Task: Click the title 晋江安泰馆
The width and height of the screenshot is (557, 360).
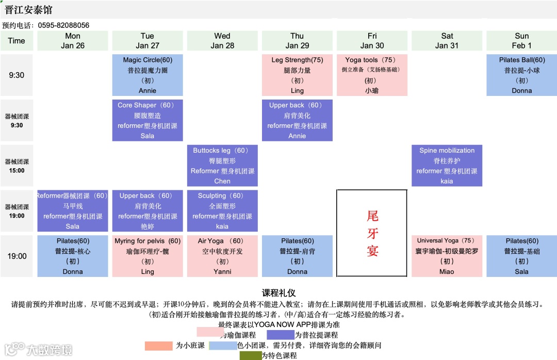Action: point(28,10)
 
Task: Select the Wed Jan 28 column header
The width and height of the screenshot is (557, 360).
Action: point(222,41)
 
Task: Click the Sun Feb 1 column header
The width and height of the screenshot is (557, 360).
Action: point(521,41)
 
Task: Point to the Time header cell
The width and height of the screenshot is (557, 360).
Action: point(17,41)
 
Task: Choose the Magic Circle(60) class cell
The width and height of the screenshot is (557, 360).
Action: point(148,75)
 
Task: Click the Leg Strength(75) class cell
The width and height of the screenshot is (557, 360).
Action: point(297,75)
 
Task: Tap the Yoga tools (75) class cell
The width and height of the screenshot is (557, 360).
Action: point(372,75)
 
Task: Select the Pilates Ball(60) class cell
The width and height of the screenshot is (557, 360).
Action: point(521,75)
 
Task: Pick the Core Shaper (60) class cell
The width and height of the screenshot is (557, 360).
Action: point(148,120)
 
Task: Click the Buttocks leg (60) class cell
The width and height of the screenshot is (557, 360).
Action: point(222,166)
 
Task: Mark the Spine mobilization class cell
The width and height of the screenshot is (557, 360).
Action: point(447,166)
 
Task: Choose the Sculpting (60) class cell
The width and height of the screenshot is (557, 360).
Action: point(222,211)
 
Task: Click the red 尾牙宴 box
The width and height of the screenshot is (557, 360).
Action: point(372,233)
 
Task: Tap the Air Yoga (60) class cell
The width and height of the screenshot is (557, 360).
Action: point(222,256)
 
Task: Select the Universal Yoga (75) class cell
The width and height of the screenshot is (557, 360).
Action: point(447,256)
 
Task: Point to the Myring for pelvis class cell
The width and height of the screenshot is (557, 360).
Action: point(148,256)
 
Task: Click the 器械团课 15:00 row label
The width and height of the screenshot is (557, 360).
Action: point(17,166)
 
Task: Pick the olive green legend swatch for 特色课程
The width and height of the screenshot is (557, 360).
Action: point(250,355)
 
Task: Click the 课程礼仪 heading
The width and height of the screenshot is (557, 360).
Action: point(278,293)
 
